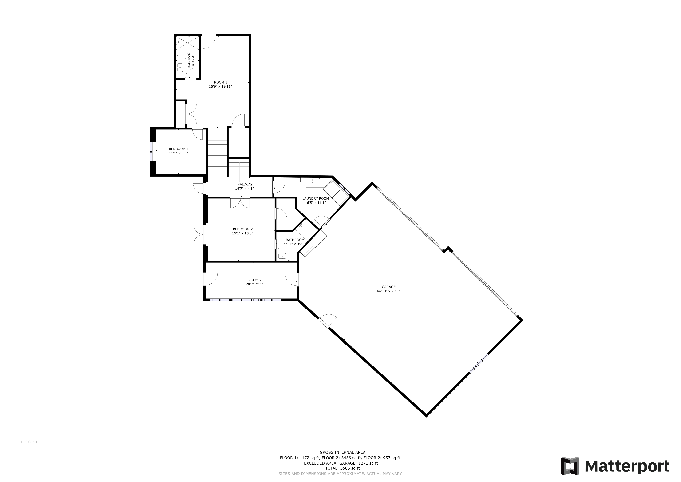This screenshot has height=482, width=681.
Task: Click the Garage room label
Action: pyautogui.click(x=388, y=287)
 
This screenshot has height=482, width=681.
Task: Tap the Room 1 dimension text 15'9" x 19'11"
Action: pyautogui.click(x=220, y=87)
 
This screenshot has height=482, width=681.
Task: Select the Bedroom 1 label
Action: pyautogui.click(x=178, y=149)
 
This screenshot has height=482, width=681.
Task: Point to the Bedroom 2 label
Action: pyautogui.click(x=243, y=229)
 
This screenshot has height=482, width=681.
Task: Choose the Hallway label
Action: pyautogui.click(x=245, y=184)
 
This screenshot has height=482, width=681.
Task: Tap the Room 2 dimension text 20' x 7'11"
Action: pyautogui.click(x=255, y=284)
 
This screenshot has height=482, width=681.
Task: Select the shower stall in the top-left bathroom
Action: pyautogui.click(x=188, y=43)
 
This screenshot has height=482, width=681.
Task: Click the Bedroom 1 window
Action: pyautogui.click(x=152, y=152)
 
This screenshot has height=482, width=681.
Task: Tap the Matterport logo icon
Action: pyautogui.click(x=570, y=466)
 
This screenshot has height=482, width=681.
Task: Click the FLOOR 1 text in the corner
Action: pyautogui.click(x=29, y=442)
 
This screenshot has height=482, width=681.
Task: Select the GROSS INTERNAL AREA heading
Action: pyautogui.click(x=343, y=453)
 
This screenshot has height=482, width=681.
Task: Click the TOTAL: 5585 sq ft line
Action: pyautogui.click(x=343, y=468)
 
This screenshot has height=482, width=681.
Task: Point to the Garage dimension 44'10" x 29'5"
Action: pyautogui.click(x=388, y=291)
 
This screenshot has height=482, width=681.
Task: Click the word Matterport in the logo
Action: pyautogui.click(x=627, y=466)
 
